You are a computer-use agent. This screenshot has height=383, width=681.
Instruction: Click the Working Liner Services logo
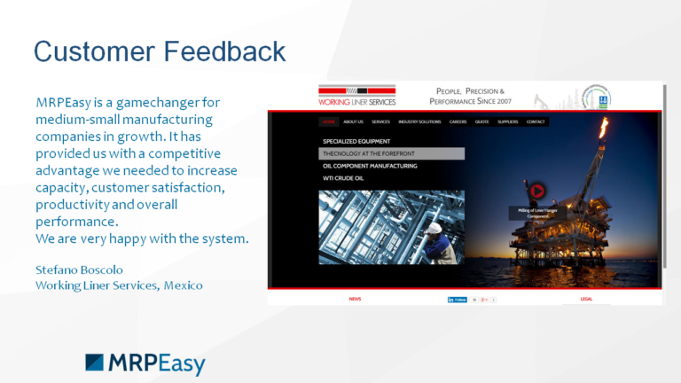[x=357, y=96]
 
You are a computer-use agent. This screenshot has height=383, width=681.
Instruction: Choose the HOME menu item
[x=329, y=121]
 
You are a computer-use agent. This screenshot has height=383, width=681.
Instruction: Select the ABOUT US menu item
[x=353, y=121]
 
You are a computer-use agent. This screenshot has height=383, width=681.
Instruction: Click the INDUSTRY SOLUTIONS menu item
[x=419, y=121]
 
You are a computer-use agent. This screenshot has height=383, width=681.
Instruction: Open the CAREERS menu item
[x=458, y=121]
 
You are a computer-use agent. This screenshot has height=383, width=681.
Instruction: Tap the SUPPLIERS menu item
[x=508, y=121]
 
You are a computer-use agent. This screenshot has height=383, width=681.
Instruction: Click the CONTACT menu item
[x=536, y=121]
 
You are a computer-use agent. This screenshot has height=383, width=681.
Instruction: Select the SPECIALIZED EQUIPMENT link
[x=356, y=141]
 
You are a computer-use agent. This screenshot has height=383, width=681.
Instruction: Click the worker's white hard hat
[x=434, y=228]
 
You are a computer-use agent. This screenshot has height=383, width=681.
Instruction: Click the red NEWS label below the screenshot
[x=355, y=300]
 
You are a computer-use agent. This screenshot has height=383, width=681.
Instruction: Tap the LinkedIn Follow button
[x=458, y=300]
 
